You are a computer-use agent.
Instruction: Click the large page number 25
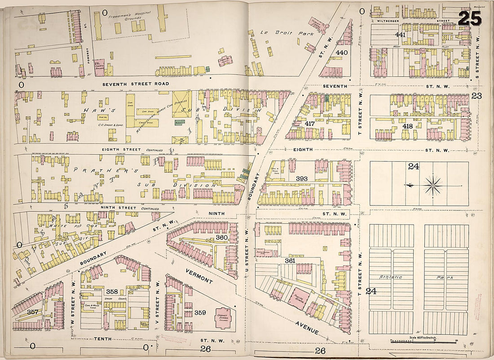[470, 18]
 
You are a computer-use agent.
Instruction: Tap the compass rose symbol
[433, 184]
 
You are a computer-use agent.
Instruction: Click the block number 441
[400, 35]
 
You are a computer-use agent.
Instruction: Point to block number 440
[342, 52]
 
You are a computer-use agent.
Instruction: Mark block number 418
[408, 127]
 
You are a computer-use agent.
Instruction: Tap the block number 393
[302, 178]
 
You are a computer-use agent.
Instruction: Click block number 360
[221, 237]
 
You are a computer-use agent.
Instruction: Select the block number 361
[290, 261]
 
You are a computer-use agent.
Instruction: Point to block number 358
[112, 292]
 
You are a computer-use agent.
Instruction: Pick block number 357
[32, 312]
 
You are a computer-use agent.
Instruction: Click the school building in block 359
[221, 315]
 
